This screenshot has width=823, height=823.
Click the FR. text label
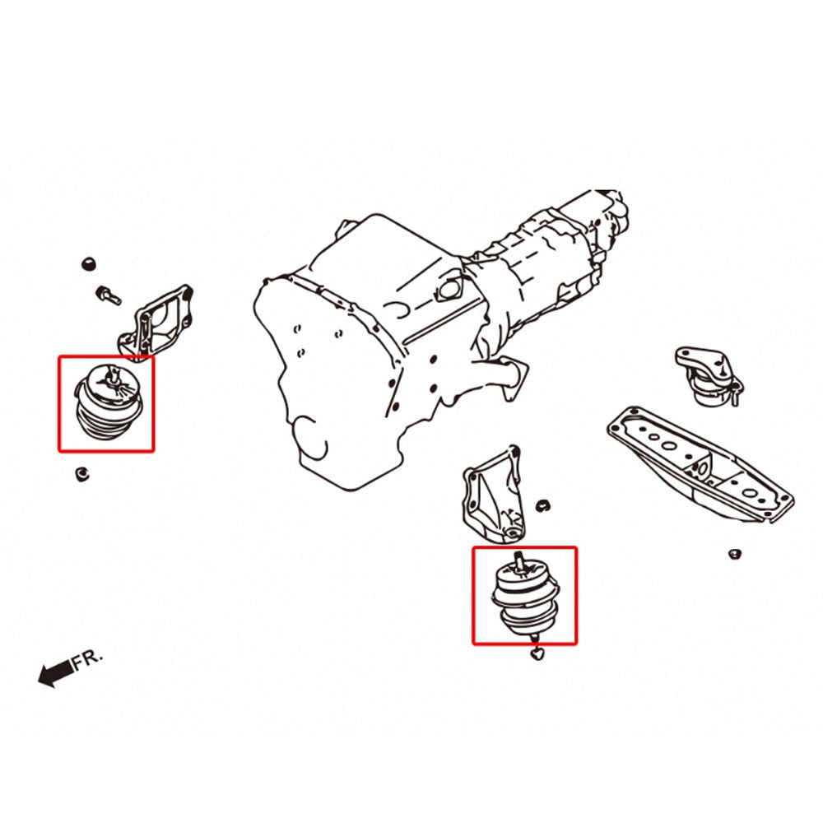[x=87, y=659]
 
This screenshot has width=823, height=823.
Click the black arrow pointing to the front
[x=56, y=673]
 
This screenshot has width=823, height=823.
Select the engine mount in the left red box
[x=109, y=402]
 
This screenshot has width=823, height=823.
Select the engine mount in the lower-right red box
[x=525, y=597]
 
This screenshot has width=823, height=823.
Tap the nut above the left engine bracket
[x=89, y=263]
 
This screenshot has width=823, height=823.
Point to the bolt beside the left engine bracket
[x=109, y=295]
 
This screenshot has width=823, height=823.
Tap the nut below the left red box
[x=81, y=475]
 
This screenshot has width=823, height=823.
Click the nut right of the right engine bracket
[x=542, y=506]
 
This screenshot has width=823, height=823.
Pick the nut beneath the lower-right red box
[x=537, y=654]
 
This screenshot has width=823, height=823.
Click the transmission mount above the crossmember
[x=708, y=375]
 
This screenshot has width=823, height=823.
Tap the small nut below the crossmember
[x=735, y=554]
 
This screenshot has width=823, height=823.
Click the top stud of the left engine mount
[x=112, y=373]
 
